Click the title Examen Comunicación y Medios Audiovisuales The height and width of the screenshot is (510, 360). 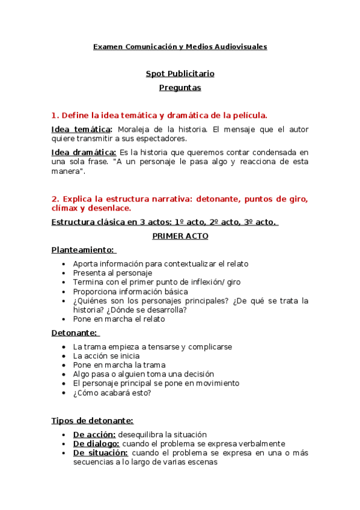point(180,46)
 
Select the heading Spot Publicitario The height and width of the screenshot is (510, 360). point(180,74)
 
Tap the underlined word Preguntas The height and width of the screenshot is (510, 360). point(180,88)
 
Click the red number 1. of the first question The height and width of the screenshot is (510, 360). point(55,115)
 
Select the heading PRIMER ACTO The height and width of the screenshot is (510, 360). point(180,236)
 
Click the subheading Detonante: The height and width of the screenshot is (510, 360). point(75,333)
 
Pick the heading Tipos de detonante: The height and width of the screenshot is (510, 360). point(92,420)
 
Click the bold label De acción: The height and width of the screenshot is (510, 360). point(94,434)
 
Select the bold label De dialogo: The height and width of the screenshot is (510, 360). point(96,443)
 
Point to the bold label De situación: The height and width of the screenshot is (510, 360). point(100,452)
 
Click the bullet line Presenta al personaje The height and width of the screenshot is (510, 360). point(112,273)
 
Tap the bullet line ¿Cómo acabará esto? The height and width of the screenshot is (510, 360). point(111,393)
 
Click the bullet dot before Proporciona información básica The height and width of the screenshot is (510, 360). point(64,292)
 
